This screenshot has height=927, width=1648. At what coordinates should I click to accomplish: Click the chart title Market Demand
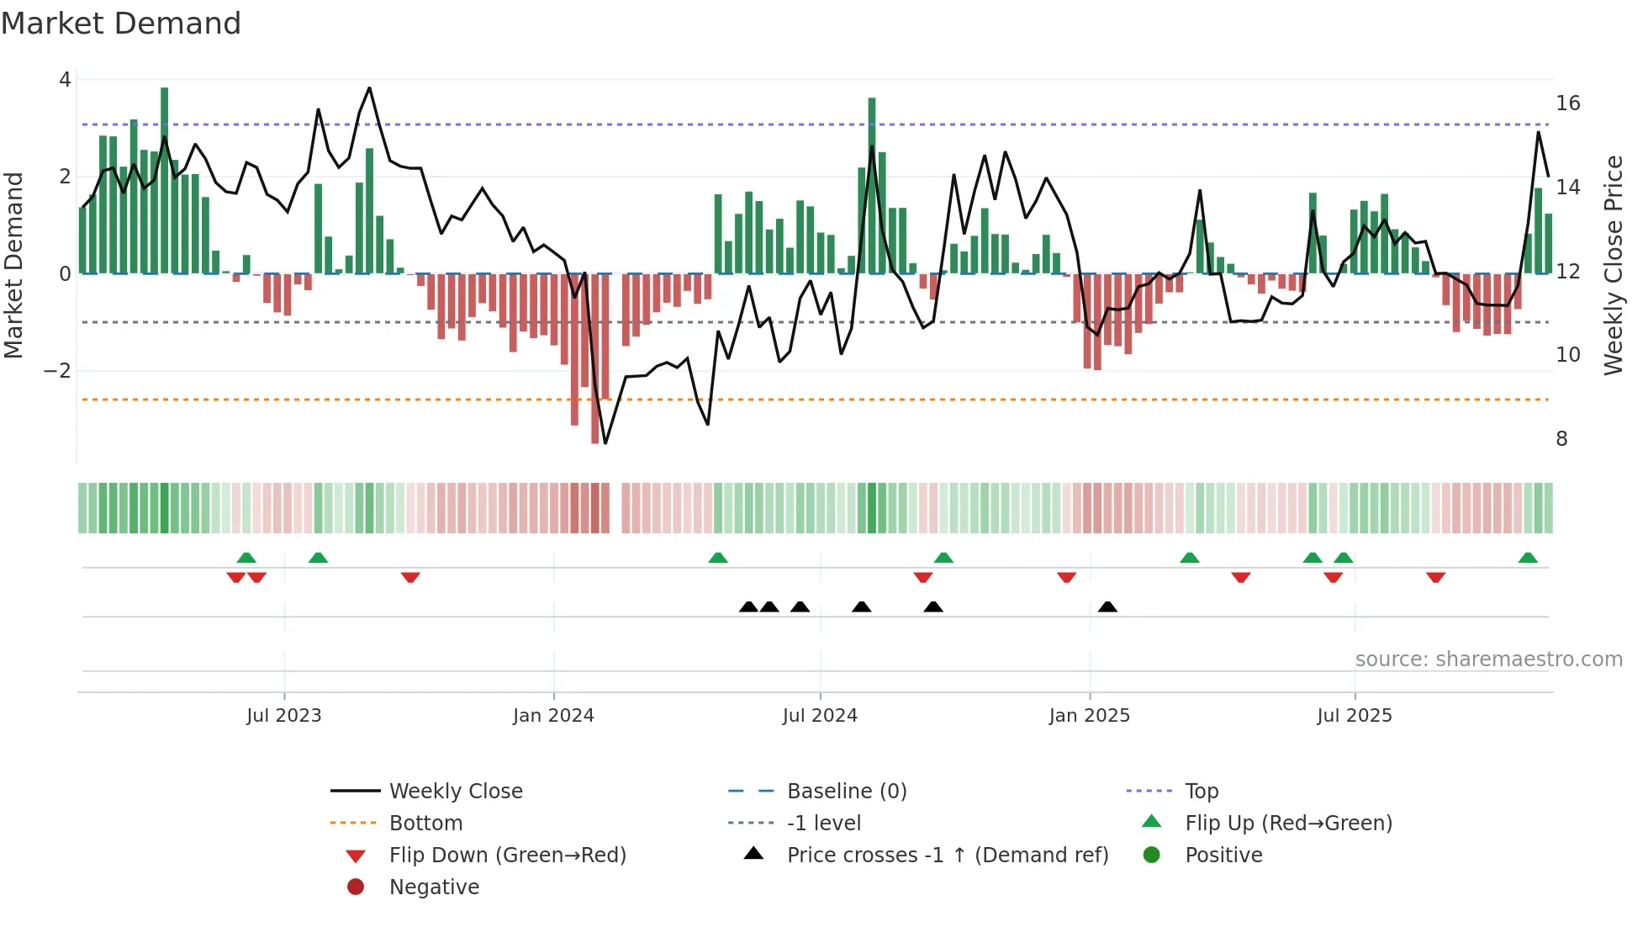121,24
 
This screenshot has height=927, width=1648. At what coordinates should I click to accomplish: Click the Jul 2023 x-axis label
283,716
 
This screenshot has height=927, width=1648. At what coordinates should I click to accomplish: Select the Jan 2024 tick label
553,716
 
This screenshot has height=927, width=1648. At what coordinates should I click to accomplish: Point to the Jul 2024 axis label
820,716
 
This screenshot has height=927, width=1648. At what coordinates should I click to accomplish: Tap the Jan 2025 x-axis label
1089,716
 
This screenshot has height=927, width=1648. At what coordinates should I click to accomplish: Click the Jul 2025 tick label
1355,716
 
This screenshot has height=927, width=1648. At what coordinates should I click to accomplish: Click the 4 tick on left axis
65,80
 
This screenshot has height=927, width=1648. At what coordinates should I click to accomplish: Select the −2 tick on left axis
57,371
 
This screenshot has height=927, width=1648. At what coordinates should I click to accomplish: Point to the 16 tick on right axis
1567,103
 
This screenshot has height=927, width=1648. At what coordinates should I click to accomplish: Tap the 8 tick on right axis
1561,439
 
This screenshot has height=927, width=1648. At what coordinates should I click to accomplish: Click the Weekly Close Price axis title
1613,265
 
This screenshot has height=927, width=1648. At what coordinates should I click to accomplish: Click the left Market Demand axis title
13,265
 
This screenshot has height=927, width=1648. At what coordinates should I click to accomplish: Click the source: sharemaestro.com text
1488,659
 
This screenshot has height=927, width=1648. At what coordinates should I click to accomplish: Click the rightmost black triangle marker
1107,607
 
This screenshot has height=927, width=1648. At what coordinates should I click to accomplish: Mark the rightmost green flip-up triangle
1528,558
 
